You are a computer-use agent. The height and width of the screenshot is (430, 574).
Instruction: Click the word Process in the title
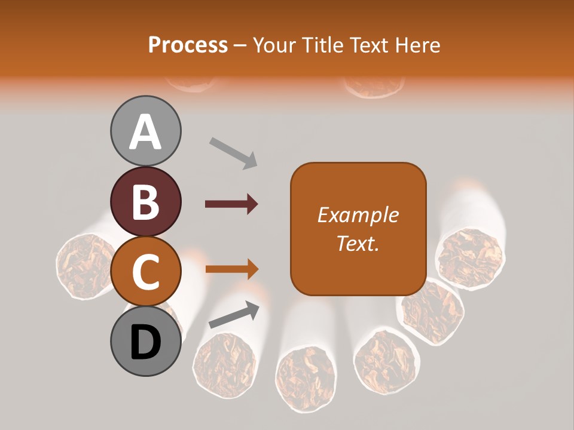pyautogui.click(x=188, y=45)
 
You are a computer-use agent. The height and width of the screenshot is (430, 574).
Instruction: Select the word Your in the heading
pyautogui.click(x=274, y=45)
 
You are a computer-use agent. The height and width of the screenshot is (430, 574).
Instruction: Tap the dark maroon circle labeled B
pyautogui.click(x=146, y=201)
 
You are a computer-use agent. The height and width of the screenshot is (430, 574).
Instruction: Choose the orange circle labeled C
pyautogui.click(x=146, y=272)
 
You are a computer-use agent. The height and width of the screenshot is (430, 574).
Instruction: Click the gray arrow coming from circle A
pyautogui.click(x=233, y=153)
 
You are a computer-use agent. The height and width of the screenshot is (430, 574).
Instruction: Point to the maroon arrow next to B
pyautogui.click(x=231, y=204)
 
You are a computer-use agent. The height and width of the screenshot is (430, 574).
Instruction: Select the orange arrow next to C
pyautogui.click(x=231, y=269)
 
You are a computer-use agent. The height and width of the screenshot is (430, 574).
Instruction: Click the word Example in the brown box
pyautogui.click(x=358, y=215)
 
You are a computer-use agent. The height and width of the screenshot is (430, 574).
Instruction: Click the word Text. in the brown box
pyautogui.click(x=358, y=244)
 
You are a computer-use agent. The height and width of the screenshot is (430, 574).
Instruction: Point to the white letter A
pyautogui.click(x=146, y=132)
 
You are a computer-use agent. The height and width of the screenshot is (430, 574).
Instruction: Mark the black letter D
pyautogui.click(x=146, y=343)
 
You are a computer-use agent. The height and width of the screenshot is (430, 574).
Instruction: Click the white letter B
pyautogui.click(x=146, y=201)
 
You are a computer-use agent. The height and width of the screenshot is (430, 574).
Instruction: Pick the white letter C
pyautogui.click(x=146, y=272)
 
